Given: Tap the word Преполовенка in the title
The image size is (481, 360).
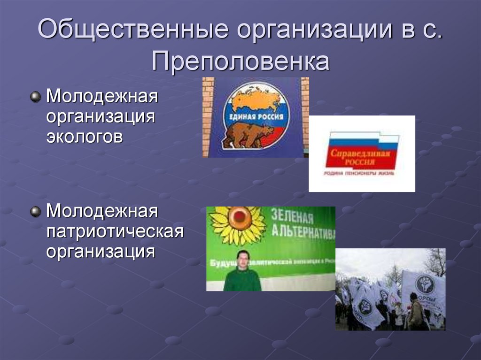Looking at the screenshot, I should [x=240, y=61].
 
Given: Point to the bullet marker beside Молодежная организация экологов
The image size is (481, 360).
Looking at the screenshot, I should [x=35, y=97].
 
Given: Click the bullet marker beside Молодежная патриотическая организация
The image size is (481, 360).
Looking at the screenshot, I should [x=35, y=211].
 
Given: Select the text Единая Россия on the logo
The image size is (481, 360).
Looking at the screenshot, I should [x=256, y=116].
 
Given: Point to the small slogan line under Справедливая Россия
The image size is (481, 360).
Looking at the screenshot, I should [x=359, y=173].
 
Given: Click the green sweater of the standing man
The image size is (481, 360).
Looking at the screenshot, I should [x=242, y=281].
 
